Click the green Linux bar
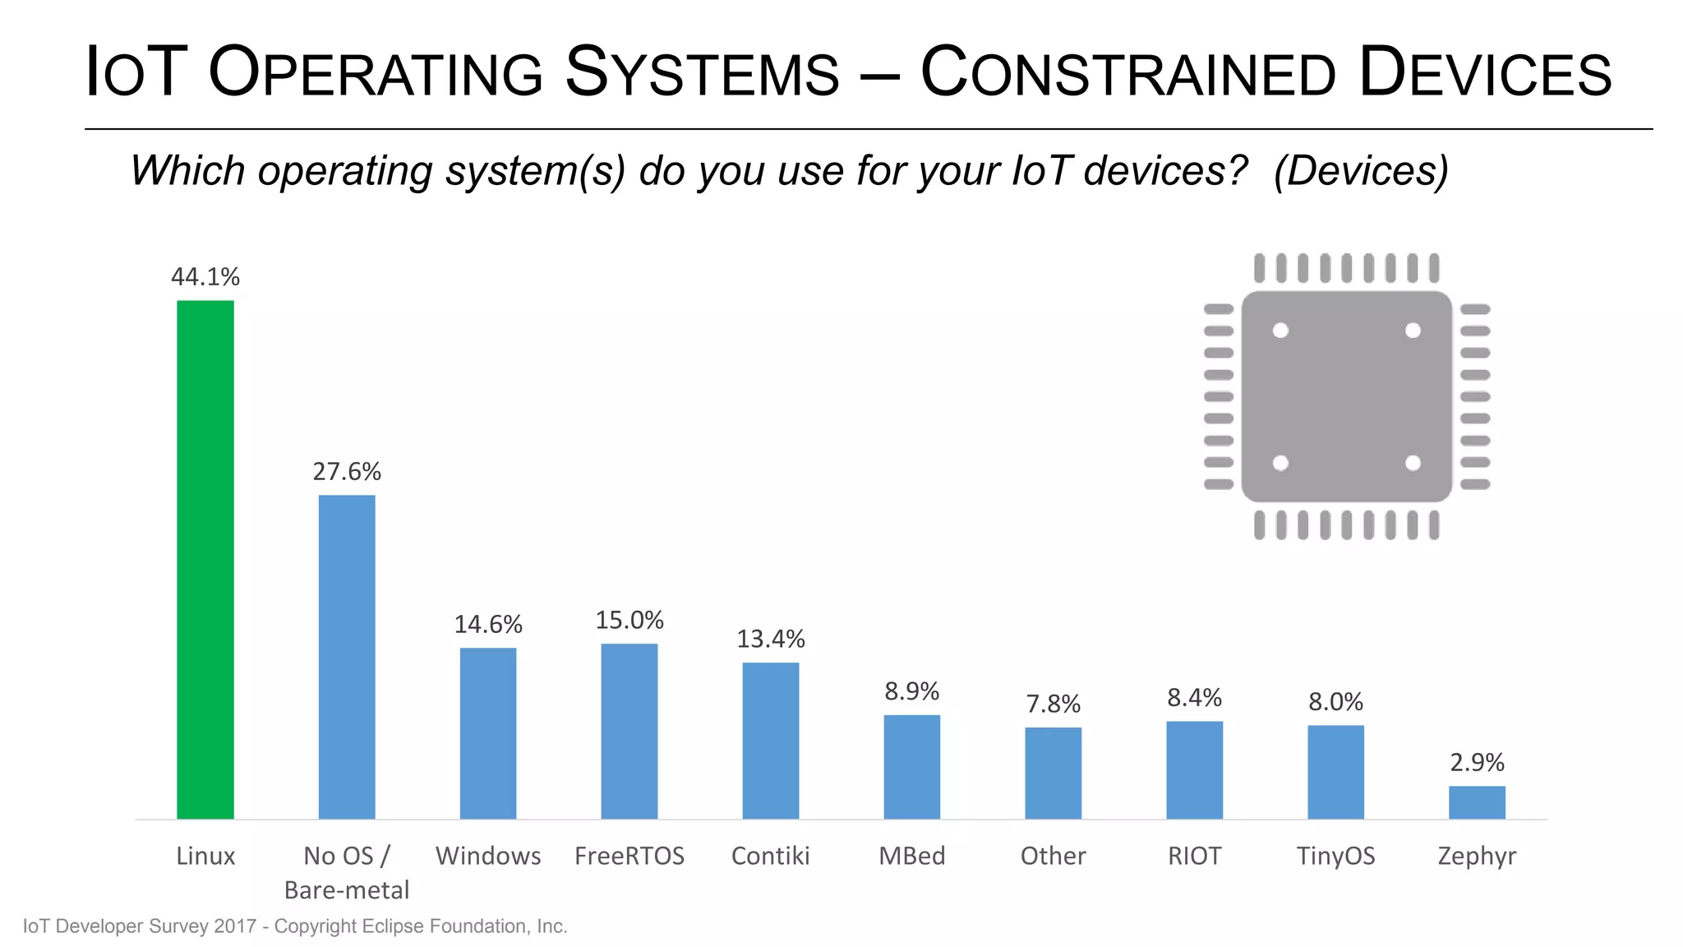tap(205, 559)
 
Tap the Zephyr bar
tap(1477, 802)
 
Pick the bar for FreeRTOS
tap(629, 731)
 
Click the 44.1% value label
tap(205, 277)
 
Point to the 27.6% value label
tap(347, 472)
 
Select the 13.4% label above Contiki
tap(771, 639)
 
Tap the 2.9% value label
tap(1477, 763)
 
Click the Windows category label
tap(488, 857)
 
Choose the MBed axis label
tap(912, 857)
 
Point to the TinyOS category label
tap(1335, 857)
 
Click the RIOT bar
tap(1195, 769)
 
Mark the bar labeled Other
tap(1054, 773)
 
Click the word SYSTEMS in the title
tap(703, 72)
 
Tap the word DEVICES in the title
tap(1485, 72)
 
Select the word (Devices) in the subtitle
tap(1361, 171)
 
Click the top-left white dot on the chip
tap(1280, 330)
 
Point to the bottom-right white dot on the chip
tap(1413, 463)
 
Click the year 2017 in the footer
tap(235, 926)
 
